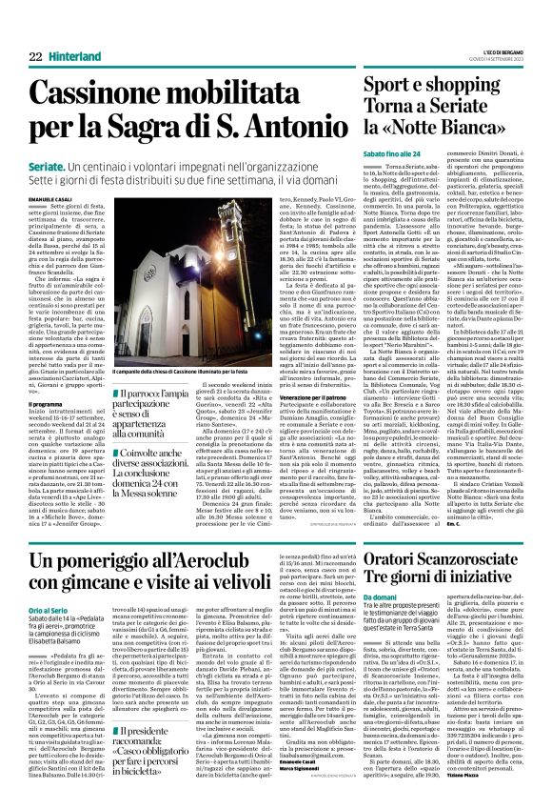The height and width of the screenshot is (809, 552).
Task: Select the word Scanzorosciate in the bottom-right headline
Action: pos(459,551)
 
